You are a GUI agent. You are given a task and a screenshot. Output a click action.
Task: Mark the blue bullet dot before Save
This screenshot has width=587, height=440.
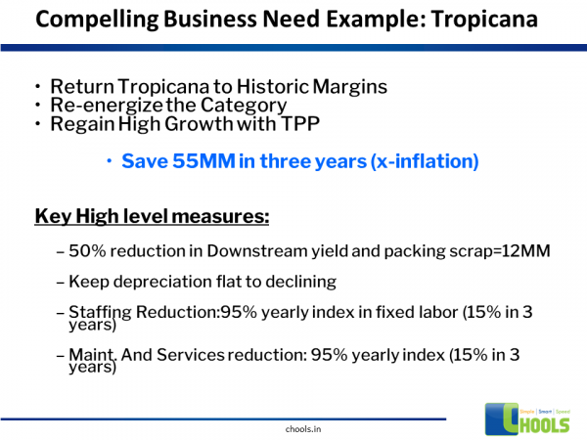pos(110,161)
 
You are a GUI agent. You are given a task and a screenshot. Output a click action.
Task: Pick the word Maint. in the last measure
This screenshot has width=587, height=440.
pos(91,352)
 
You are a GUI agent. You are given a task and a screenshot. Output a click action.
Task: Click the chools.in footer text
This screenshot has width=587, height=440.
pos(293,427)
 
